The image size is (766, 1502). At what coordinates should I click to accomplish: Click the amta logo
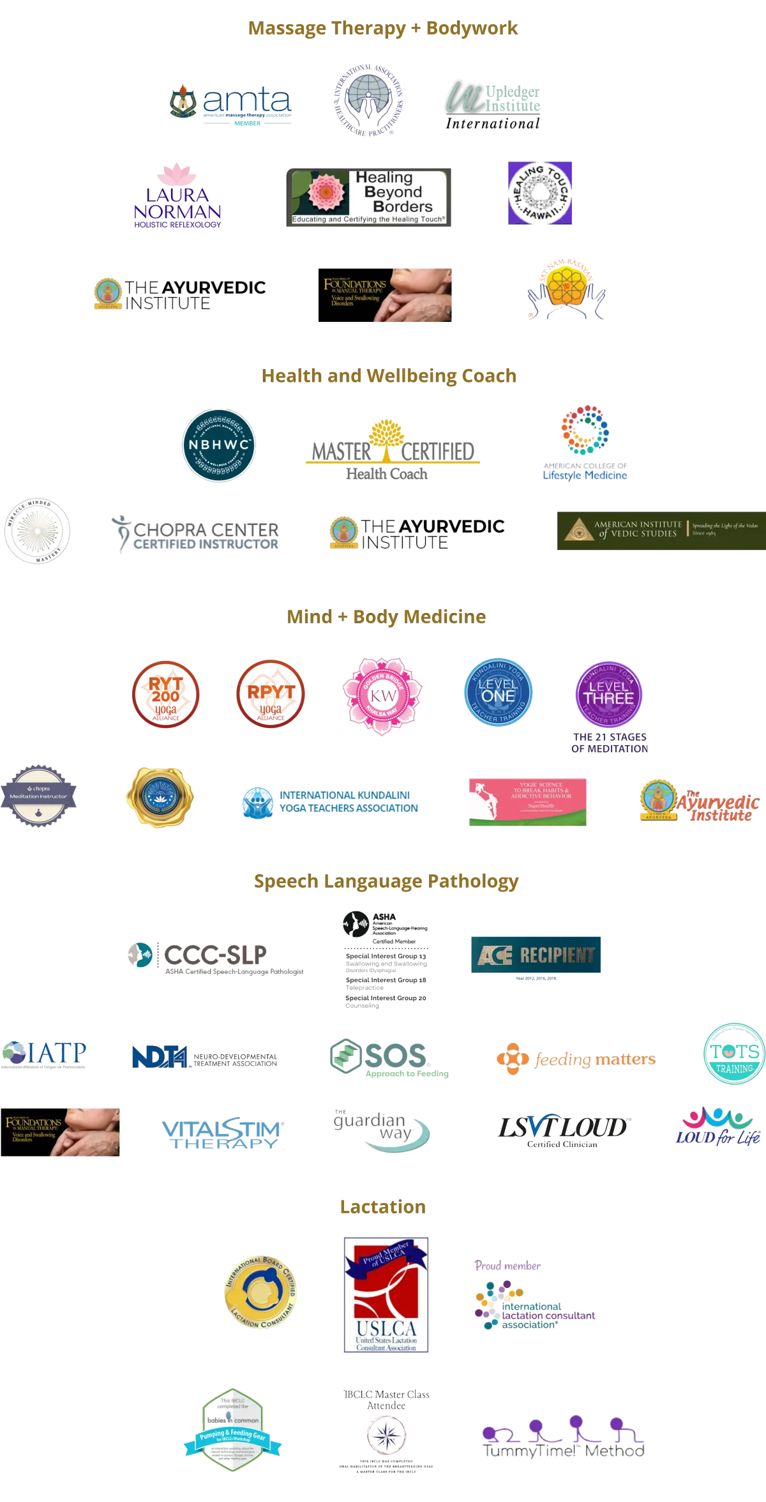231,102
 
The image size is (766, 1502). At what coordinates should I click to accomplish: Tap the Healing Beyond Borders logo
370,196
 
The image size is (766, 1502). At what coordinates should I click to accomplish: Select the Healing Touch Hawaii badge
541,192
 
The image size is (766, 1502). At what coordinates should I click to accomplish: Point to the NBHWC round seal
219,445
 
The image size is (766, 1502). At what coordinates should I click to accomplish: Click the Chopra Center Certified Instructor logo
195,534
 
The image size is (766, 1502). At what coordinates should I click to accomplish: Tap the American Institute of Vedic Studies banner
661,531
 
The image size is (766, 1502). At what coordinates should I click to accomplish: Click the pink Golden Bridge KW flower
382,696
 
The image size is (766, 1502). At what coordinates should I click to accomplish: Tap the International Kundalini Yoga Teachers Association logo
330,801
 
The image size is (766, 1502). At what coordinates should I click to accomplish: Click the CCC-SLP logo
215,957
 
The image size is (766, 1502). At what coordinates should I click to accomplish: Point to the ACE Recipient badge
536,955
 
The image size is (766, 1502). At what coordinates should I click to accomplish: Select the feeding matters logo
576,1059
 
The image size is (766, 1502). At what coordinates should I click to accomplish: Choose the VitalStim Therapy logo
221,1135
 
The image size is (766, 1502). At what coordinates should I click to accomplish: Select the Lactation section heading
382,1207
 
